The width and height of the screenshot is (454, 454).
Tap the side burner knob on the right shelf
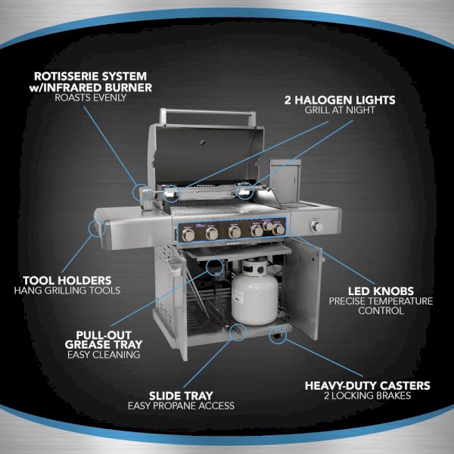[317, 226]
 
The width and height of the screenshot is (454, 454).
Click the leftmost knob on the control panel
[188, 235]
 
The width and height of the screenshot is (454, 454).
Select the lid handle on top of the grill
[207, 116]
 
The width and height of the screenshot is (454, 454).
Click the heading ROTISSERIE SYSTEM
[90, 76]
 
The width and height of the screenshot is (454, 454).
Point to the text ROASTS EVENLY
[90, 98]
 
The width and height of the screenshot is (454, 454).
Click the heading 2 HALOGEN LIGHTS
[340, 100]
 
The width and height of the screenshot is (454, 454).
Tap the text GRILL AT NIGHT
[340, 110]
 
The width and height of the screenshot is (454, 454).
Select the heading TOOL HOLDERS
[67, 280]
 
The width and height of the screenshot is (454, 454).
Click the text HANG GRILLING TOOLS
[67, 291]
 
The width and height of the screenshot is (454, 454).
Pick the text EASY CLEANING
[104, 355]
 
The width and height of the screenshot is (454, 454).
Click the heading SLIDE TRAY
[181, 396]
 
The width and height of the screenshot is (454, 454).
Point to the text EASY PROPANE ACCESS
[181, 406]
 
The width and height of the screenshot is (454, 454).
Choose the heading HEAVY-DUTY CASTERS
[368, 386]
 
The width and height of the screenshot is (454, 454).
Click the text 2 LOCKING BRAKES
[368, 396]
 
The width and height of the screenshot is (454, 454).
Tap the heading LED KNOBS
[381, 291]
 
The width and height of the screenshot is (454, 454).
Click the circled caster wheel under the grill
[278, 335]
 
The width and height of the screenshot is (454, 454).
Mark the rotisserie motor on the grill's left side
[146, 198]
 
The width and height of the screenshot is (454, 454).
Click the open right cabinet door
[303, 290]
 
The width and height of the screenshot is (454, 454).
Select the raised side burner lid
[285, 182]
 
